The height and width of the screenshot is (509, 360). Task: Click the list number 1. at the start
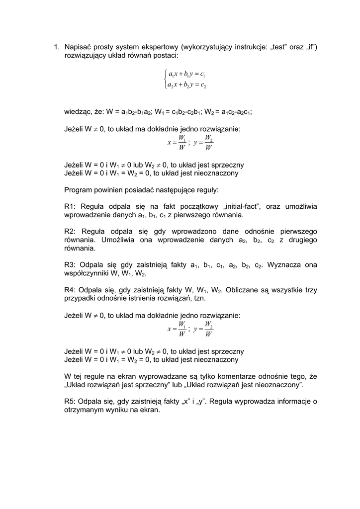(x=56, y=47)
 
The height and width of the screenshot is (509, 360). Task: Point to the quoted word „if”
(x=311, y=47)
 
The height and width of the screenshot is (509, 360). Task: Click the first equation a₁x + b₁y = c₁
(x=187, y=75)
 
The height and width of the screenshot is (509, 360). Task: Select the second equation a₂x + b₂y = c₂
(x=187, y=85)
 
